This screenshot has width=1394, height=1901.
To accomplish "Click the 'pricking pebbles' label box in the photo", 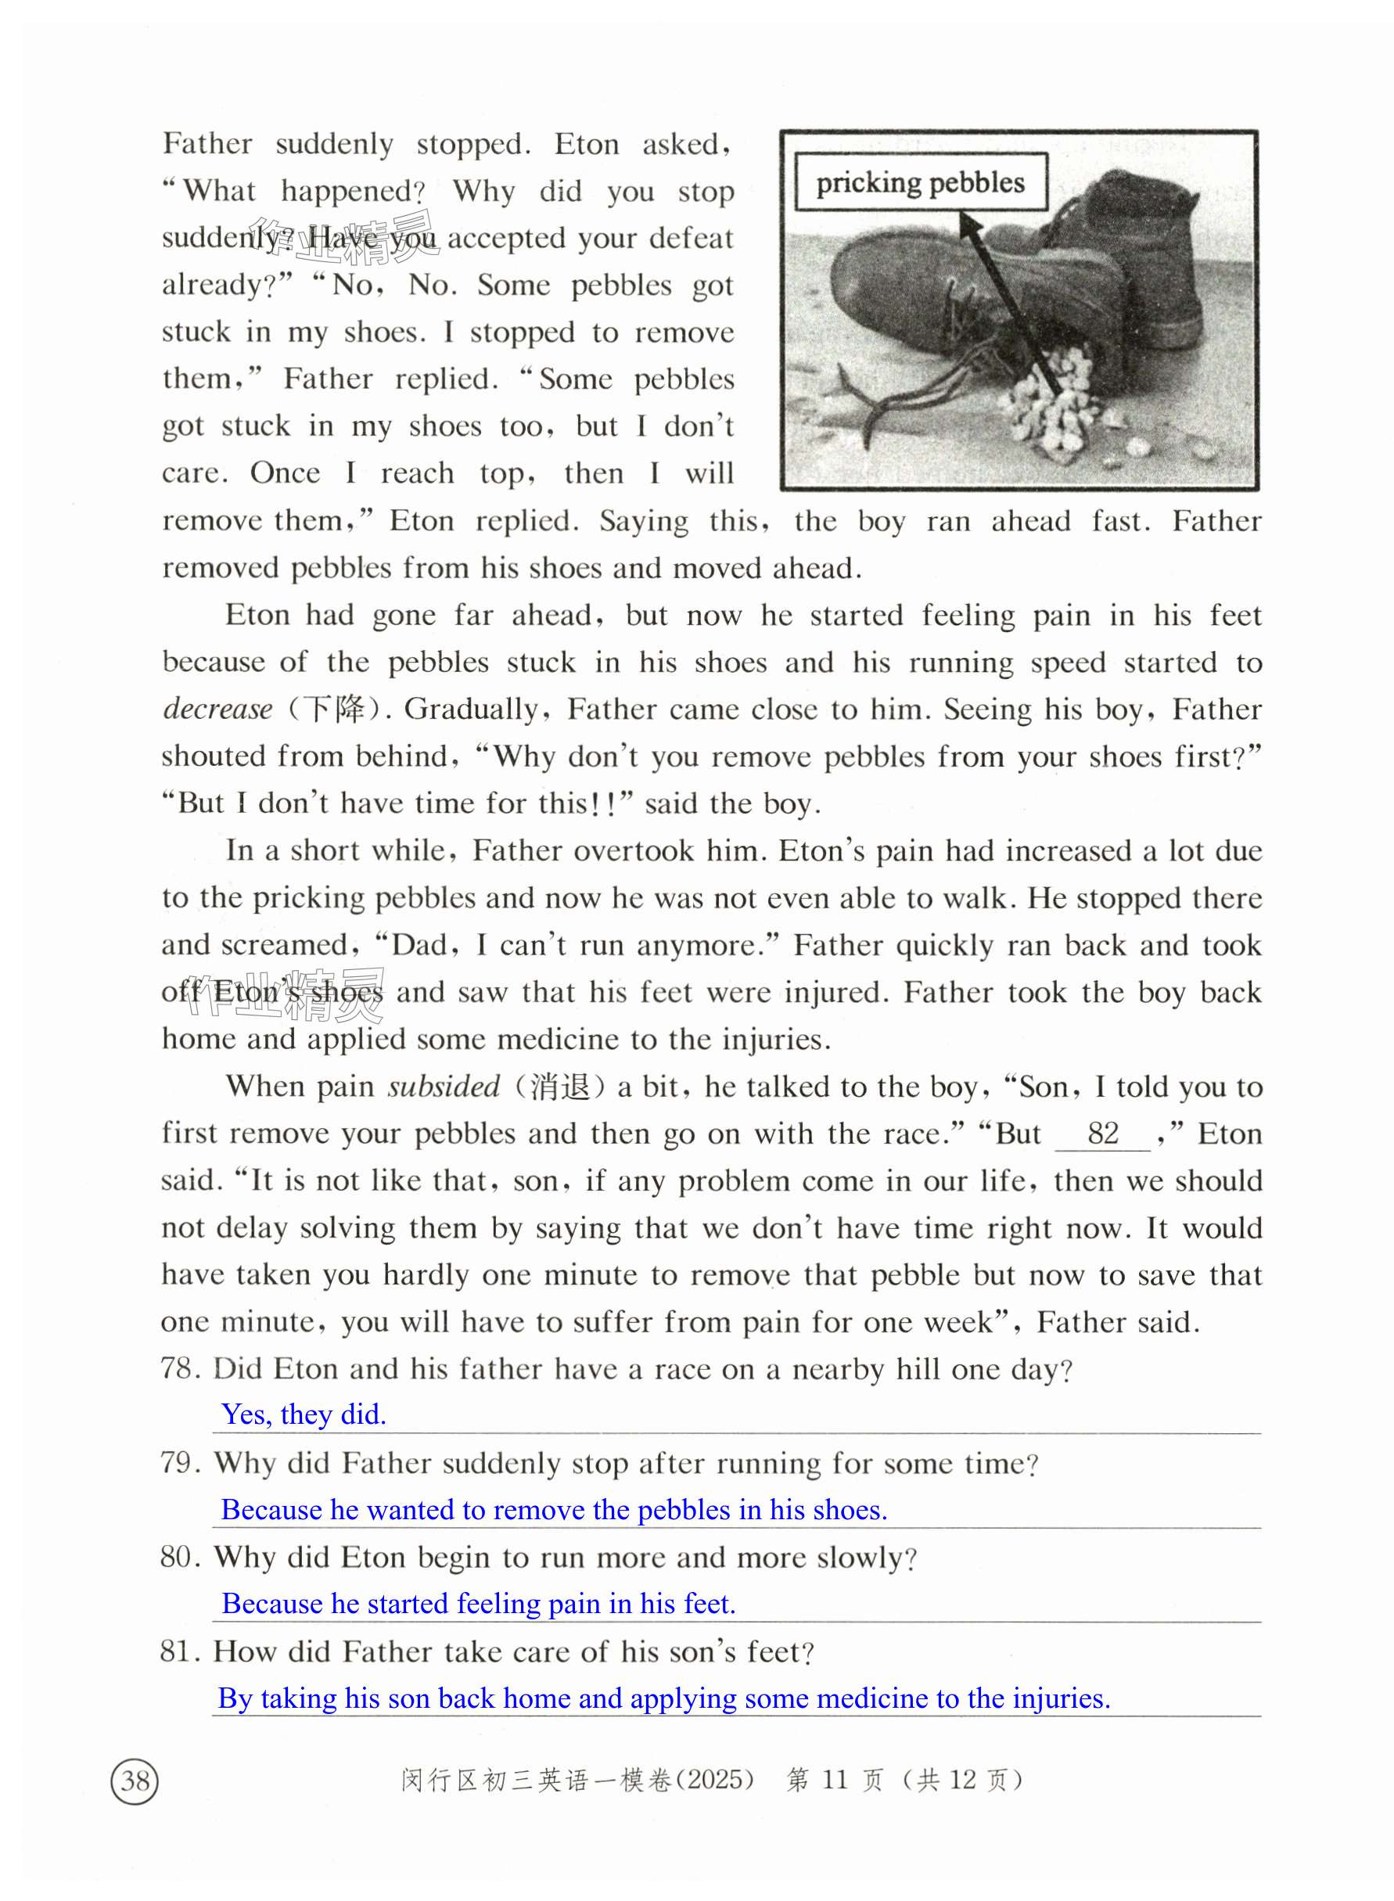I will click(920, 182).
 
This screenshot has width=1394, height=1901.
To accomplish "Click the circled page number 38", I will click(135, 1781).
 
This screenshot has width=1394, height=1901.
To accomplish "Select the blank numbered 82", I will click(1102, 1134).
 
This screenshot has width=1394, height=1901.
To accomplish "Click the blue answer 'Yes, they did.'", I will click(304, 1414).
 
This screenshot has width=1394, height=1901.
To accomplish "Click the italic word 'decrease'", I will click(217, 709).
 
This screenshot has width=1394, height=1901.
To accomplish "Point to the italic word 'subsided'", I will click(444, 1086).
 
